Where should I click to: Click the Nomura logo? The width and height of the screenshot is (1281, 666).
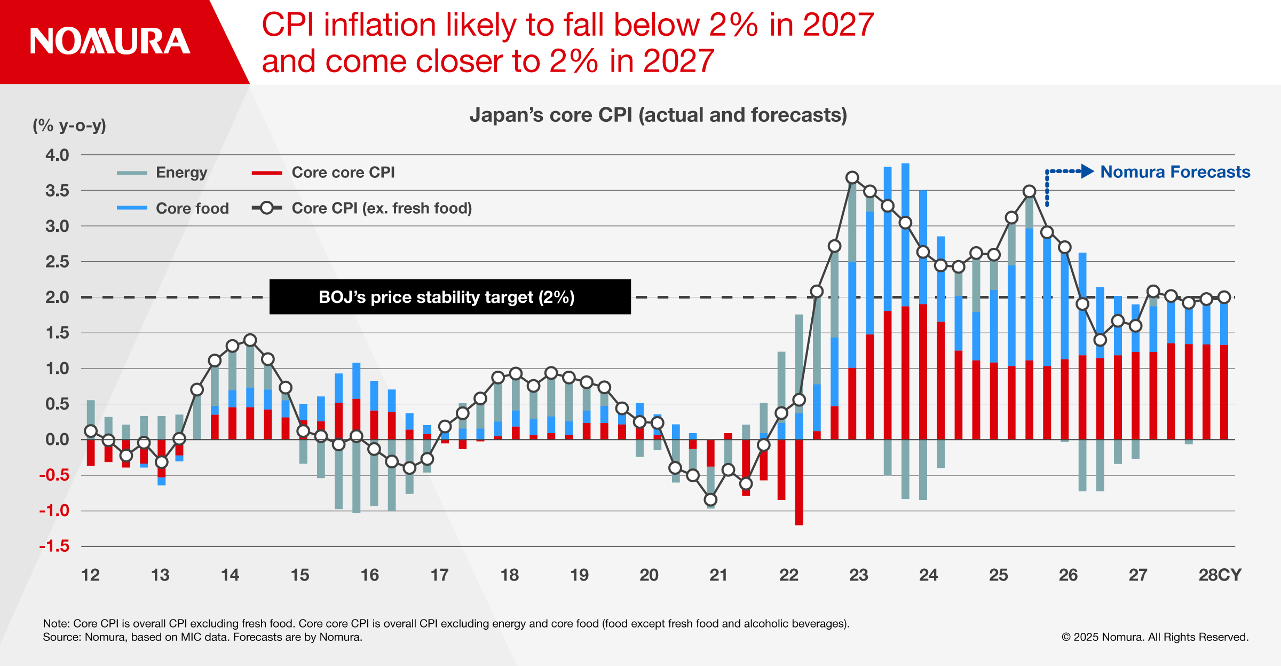point(110,42)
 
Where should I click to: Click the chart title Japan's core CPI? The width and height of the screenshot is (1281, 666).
point(658,115)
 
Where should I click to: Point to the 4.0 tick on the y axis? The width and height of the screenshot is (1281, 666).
point(57,155)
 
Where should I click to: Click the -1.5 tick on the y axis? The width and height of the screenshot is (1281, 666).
point(54,546)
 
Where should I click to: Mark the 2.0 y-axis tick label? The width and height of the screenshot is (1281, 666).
point(57,297)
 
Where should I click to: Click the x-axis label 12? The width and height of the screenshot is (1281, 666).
point(90,575)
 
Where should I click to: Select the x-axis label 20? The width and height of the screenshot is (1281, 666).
point(649,575)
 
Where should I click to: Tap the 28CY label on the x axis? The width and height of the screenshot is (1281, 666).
point(1220,575)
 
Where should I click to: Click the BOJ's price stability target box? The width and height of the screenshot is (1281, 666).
point(449,297)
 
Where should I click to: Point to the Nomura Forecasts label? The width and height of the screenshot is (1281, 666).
point(1175,172)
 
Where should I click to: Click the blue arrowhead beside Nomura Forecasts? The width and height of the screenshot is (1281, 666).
point(1087,171)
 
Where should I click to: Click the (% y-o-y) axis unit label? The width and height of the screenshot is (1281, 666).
point(69,126)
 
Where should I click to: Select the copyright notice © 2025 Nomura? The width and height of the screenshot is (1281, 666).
point(1155,637)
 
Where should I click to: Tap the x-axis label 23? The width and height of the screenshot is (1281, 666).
point(858,575)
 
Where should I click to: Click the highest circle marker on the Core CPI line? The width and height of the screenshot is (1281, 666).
point(852,177)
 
